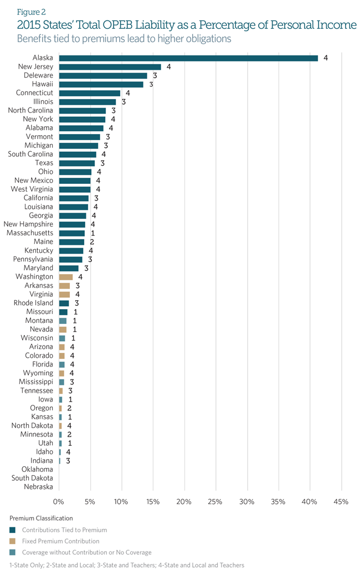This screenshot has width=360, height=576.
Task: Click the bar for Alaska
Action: tap(188, 58)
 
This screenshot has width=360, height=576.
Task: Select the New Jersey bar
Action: tap(110, 67)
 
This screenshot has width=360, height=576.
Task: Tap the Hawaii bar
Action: tap(101, 84)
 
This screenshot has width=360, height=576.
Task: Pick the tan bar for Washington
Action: tap(66, 276)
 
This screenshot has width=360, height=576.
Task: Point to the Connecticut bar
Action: tap(90, 93)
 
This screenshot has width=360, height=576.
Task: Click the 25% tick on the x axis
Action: tap(215, 502)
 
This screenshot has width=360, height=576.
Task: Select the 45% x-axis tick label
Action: tap(341, 502)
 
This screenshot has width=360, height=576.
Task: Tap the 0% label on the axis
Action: tap(59, 502)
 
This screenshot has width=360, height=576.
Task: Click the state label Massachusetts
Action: tap(30, 233)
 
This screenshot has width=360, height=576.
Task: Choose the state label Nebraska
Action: tap(39, 487)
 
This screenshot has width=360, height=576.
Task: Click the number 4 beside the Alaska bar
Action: tap(326, 58)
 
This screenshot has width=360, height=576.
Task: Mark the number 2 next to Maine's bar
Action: tap(92, 242)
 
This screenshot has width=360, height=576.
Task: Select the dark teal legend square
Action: tap(13, 530)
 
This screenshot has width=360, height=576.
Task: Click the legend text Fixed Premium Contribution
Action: tap(61, 541)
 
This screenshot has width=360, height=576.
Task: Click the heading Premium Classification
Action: tap(41, 518)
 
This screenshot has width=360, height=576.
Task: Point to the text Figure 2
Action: tap(32, 11)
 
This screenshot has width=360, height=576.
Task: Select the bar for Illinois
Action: tap(88, 102)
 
